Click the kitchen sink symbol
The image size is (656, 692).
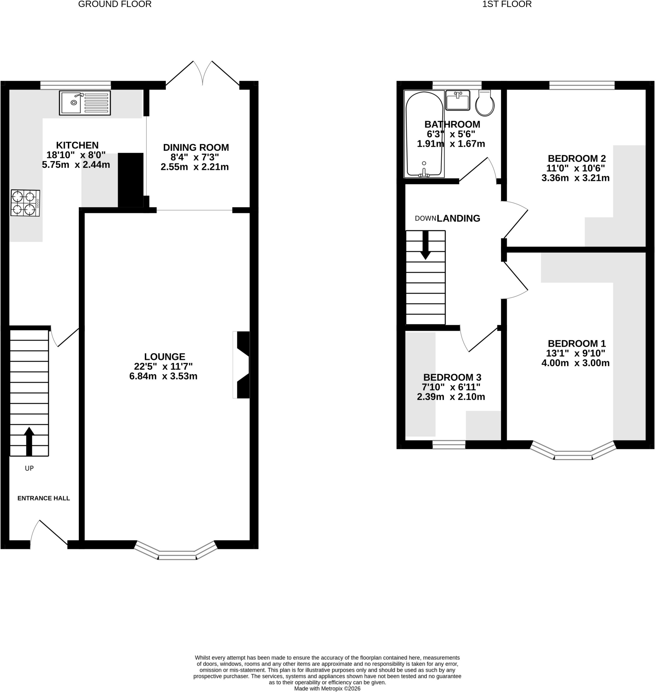[x=85, y=103]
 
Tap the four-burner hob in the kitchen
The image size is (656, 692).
[x=25, y=203]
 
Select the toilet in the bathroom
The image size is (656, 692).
[x=485, y=103]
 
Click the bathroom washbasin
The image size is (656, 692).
[x=457, y=100]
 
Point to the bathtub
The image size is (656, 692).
[x=424, y=134]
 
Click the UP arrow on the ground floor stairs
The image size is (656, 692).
[x=29, y=441]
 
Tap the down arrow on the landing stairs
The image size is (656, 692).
[x=426, y=245]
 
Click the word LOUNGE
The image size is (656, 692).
[x=165, y=357]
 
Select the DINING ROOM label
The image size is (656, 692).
[x=196, y=147]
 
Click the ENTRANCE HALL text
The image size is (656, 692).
[x=44, y=498]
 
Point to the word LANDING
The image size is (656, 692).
[x=458, y=218]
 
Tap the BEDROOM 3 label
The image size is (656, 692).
[x=452, y=377]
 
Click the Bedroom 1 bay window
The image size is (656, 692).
[x=573, y=450]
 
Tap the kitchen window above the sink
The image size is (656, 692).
[x=75, y=85]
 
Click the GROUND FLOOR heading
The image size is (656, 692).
[x=115, y=4]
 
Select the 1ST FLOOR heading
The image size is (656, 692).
[x=507, y=4]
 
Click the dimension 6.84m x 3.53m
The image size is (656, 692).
[x=163, y=376]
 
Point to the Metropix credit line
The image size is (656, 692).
[x=327, y=689]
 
